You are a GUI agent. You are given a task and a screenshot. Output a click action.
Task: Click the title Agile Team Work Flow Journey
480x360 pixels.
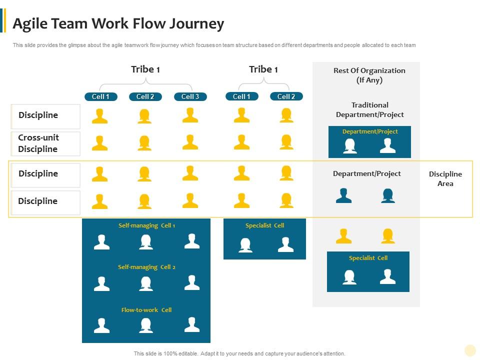click(118, 23)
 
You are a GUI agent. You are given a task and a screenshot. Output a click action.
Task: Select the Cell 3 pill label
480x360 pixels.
click(190, 96)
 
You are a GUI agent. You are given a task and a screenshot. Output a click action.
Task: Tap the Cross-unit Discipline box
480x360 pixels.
click(45, 143)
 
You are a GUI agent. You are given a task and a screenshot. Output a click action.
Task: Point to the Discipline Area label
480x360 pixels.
click(445, 178)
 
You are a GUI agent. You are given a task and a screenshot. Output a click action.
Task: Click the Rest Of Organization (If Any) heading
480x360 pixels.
click(369, 75)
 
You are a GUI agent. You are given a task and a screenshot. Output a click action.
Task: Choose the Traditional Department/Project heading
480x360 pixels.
click(369, 109)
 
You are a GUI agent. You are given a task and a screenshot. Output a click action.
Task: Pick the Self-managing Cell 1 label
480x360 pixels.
click(146, 225)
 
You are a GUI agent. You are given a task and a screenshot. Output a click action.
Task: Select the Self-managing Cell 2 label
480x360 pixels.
click(146, 267)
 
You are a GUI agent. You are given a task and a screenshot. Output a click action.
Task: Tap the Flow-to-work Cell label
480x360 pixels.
click(146, 310)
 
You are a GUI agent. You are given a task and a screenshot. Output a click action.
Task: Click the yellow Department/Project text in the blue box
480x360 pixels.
click(370, 131)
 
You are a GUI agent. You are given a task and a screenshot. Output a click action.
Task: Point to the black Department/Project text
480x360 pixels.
click(367, 173)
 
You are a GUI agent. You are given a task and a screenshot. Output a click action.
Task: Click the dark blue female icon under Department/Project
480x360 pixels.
click(388, 195)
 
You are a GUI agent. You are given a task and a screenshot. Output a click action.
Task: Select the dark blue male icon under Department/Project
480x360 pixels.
click(343, 195)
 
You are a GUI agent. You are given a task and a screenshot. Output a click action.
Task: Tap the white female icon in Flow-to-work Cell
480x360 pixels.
click(146, 325)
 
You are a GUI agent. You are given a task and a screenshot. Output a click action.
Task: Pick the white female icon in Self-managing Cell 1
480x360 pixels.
click(146, 242)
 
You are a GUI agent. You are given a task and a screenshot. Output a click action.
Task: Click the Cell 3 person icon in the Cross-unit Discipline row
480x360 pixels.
click(190, 142)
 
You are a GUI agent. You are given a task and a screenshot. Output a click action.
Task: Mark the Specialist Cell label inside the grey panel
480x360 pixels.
click(368, 258)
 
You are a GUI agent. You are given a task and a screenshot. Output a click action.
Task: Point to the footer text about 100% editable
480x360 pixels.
click(239, 353)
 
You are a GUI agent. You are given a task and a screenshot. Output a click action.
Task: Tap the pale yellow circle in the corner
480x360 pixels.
click(470, 350)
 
